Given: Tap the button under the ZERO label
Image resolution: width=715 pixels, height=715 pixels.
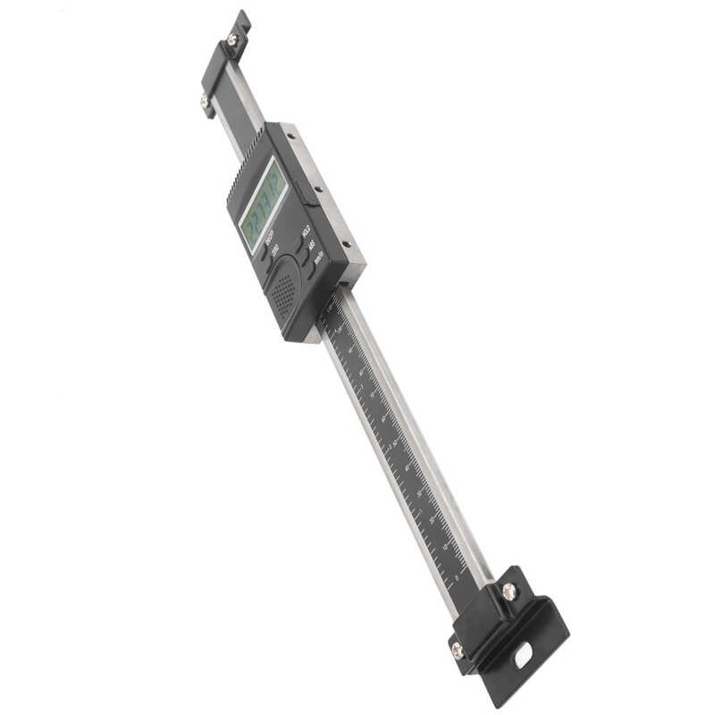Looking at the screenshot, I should point(271,265).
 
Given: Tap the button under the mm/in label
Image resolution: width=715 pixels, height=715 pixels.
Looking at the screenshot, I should point(312,273).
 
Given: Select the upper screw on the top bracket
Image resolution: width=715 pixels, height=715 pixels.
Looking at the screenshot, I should point(233,38).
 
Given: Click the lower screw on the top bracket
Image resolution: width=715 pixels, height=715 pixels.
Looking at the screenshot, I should point(206,104).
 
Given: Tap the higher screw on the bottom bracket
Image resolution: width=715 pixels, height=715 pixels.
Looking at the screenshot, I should point(509,591).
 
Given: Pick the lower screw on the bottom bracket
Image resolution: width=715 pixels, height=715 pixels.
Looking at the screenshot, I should point(458,651).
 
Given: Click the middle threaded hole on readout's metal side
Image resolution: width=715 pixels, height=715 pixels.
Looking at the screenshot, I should point(318,189).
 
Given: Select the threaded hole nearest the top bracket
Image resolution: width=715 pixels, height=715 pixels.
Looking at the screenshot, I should point(291,136).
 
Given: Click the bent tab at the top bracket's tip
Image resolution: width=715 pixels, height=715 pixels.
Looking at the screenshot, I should point(241,20).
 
